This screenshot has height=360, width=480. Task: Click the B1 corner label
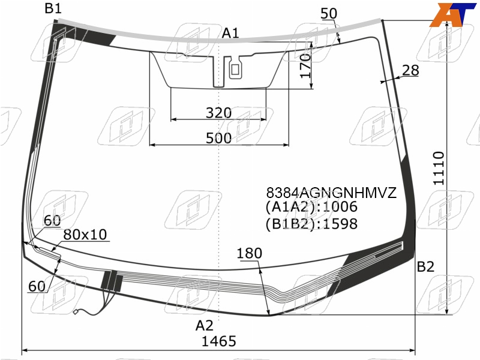[x=53, y=8]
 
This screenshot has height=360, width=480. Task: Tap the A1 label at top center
[x=230, y=33]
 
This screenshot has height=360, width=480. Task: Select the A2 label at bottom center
[x=204, y=326]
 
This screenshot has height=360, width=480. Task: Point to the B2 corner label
[x=425, y=267]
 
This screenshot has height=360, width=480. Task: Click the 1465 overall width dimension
[x=219, y=341]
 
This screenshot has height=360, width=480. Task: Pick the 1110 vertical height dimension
[x=439, y=168]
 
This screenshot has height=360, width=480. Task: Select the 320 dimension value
[x=218, y=113]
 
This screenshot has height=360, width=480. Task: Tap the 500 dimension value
[x=218, y=139]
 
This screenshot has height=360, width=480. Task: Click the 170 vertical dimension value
[x=305, y=66]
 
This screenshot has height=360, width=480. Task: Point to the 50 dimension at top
[x=329, y=14]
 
